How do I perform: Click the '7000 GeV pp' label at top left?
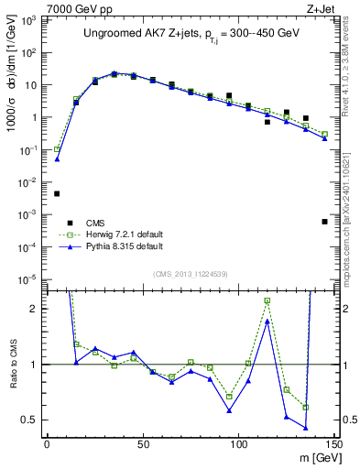tap(37, 7)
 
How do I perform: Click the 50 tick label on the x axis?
tap(142, 446)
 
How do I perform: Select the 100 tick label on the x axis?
tap(238, 446)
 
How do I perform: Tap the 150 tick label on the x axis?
tap(333, 446)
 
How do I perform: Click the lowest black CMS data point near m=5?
tap(57, 193)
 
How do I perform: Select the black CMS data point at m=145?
tap(324, 222)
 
